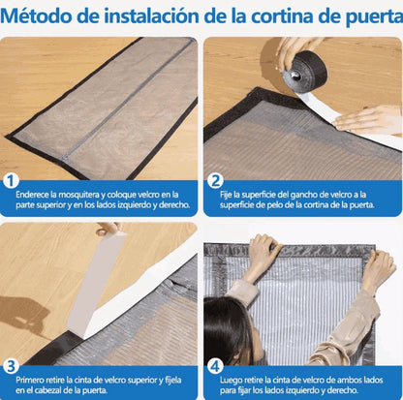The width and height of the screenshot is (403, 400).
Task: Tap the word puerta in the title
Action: coord(375,17)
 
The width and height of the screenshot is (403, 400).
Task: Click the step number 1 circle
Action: coord(11,181)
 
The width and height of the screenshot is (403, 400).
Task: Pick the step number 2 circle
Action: coord(215,181)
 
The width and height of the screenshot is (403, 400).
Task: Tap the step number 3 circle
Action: coord(11,366)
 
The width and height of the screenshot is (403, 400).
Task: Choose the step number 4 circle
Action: coord(215,366)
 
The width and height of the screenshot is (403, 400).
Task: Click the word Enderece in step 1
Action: coord(32,195)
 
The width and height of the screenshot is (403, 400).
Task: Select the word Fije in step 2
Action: coord(226,195)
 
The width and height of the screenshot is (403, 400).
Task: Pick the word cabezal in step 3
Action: coord(46,390)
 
